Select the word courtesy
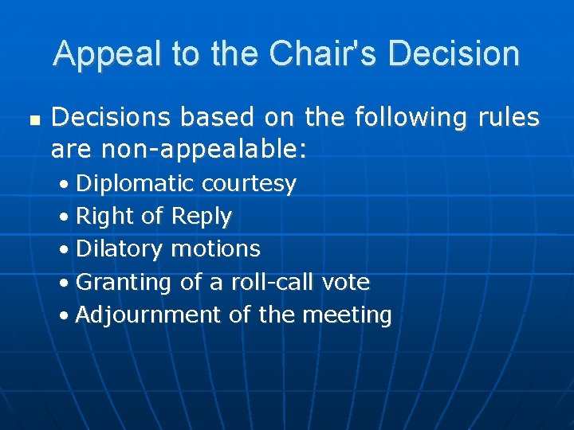click(249, 184)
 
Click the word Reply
click(202, 217)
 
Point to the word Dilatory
click(120, 249)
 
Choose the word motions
click(216, 249)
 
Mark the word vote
click(346, 282)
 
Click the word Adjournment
click(149, 315)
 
